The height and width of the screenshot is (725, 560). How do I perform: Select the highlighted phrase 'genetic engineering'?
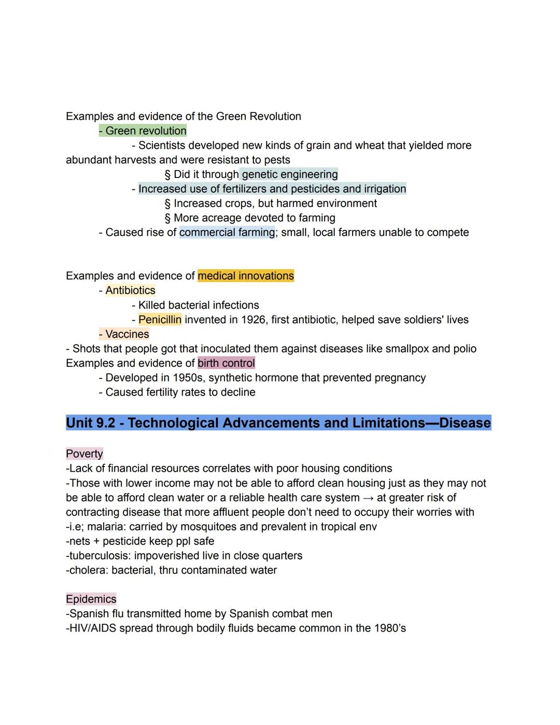point(289,174)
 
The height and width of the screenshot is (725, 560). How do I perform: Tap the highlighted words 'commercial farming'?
point(227,232)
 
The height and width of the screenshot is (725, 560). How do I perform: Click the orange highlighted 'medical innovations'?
point(246,276)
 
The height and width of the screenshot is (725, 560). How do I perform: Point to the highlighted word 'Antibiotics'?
point(130,291)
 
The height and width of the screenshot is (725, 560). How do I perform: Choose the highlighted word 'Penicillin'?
point(160,320)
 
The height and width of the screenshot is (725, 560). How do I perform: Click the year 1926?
point(253,320)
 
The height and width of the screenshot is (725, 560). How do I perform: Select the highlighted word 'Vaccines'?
point(127,334)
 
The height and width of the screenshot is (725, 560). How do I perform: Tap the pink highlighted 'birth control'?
point(226,363)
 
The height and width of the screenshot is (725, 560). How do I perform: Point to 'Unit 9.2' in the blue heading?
point(91,423)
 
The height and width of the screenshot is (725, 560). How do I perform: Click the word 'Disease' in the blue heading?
point(465,423)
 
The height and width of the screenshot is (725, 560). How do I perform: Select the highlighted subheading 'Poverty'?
point(85,454)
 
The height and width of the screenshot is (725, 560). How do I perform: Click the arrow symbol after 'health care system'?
point(368,498)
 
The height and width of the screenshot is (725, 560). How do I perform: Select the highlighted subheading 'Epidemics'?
point(91,599)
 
